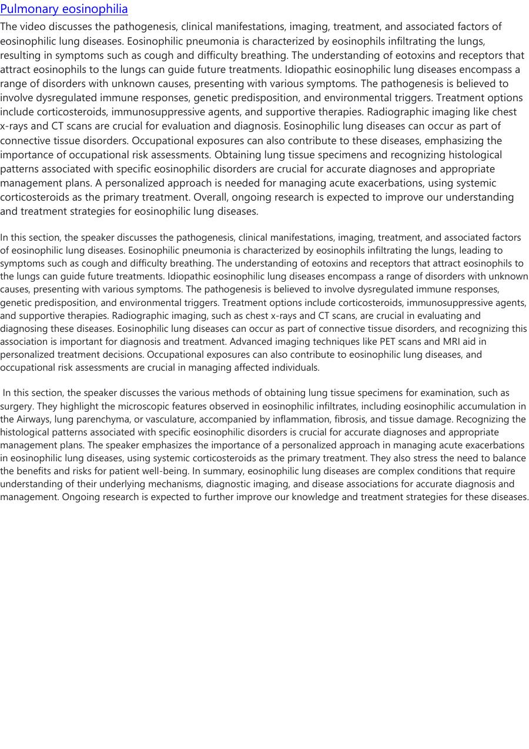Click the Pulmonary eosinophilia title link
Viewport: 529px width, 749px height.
[x=64, y=9]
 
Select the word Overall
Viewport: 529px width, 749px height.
[x=212, y=197]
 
